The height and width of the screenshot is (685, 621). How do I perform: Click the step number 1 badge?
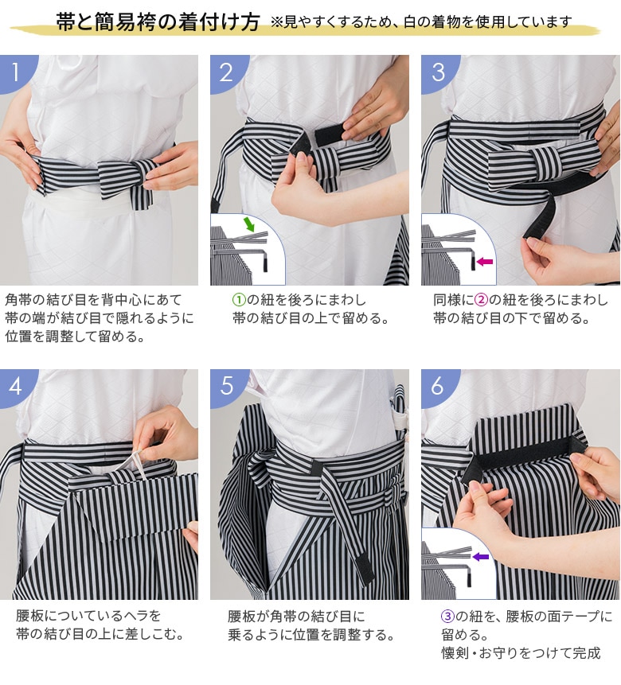16,72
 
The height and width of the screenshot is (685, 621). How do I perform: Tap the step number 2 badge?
226,72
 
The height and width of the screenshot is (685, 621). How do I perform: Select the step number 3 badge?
437,72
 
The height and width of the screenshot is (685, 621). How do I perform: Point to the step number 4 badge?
16,386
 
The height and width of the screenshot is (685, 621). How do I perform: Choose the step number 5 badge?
227,386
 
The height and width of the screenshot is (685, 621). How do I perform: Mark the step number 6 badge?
437,386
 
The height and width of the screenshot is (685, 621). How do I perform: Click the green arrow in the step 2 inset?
249,224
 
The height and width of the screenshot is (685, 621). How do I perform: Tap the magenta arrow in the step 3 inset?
485,262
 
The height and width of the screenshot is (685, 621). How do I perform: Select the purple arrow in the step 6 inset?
481,557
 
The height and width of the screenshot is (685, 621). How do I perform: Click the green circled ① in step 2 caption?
239,300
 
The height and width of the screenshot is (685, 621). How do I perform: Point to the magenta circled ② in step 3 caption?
481,300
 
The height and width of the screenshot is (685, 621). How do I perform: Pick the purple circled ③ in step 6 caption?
447,617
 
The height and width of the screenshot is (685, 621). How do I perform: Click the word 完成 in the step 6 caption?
586,653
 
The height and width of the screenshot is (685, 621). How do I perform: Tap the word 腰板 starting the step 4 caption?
29,616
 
